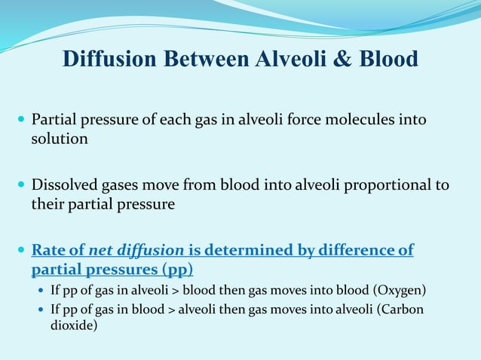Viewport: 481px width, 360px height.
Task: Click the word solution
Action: pos(60,139)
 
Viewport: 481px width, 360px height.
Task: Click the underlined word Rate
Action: pos(46,250)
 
